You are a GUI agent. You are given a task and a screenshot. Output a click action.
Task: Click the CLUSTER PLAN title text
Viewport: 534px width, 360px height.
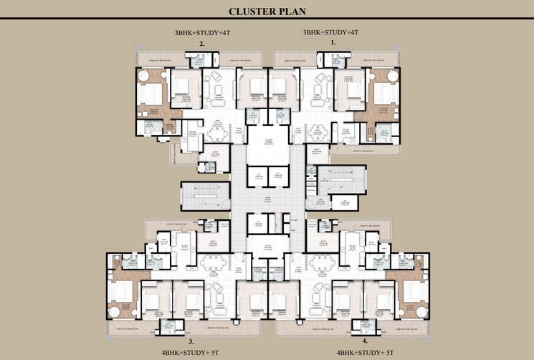(266, 11)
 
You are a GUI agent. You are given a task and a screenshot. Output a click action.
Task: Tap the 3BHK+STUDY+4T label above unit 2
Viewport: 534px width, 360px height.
(203, 33)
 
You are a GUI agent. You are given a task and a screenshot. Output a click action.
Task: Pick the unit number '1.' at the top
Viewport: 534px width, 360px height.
(333, 44)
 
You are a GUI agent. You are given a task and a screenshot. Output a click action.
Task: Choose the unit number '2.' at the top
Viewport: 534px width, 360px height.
(203, 44)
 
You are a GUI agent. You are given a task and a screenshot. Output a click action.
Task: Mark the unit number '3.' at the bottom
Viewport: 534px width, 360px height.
(191, 341)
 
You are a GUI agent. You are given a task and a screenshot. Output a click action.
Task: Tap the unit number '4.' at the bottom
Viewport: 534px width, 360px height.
(345, 341)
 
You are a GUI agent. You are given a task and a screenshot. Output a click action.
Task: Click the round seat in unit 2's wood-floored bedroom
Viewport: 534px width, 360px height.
(143, 75)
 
